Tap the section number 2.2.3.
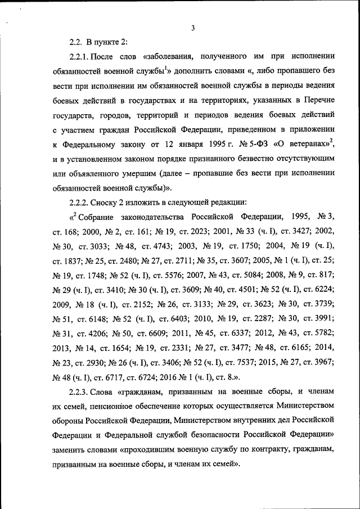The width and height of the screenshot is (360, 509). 79,407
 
